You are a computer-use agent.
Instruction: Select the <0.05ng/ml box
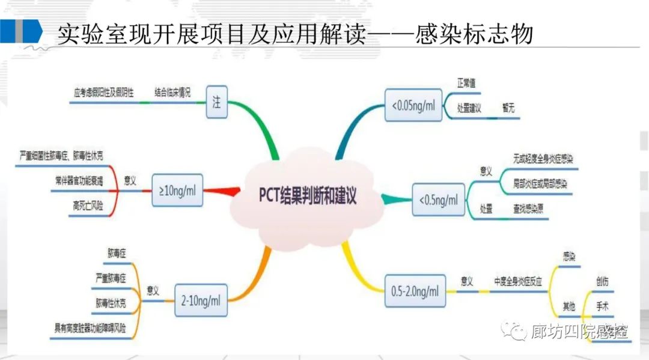[x=413, y=106]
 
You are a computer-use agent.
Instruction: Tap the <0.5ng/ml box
[x=438, y=199]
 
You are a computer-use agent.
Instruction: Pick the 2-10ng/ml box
[x=201, y=299]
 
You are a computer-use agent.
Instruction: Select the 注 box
[x=216, y=102]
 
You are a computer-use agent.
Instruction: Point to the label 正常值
[x=466, y=83]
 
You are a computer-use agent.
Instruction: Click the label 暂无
[x=508, y=109]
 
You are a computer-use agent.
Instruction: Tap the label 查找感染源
[x=529, y=209]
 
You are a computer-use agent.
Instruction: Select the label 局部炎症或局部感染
[x=540, y=182]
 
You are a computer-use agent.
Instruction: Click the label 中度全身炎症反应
[x=518, y=281]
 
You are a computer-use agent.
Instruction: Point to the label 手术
[x=602, y=307]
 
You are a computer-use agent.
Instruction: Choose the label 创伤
[x=602, y=281]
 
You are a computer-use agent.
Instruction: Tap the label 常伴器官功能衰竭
[x=78, y=180]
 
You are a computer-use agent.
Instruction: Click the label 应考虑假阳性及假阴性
[x=102, y=93]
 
